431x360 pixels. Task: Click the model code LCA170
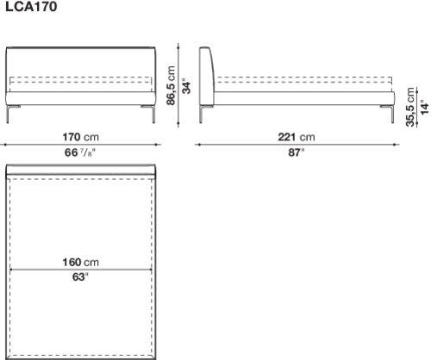click(x=31, y=7)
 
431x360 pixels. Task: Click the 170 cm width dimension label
click(x=81, y=137)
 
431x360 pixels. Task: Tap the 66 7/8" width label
click(x=79, y=152)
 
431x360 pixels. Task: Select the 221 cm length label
click(x=297, y=137)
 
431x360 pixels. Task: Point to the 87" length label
click(x=297, y=152)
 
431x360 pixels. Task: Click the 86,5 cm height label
click(x=172, y=85)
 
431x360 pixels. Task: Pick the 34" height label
click(x=187, y=85)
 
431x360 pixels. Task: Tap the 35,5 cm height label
click(x=410, y=107)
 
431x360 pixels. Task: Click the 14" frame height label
click(x=425, y=107)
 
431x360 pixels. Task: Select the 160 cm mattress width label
click(x=81, y=262)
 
